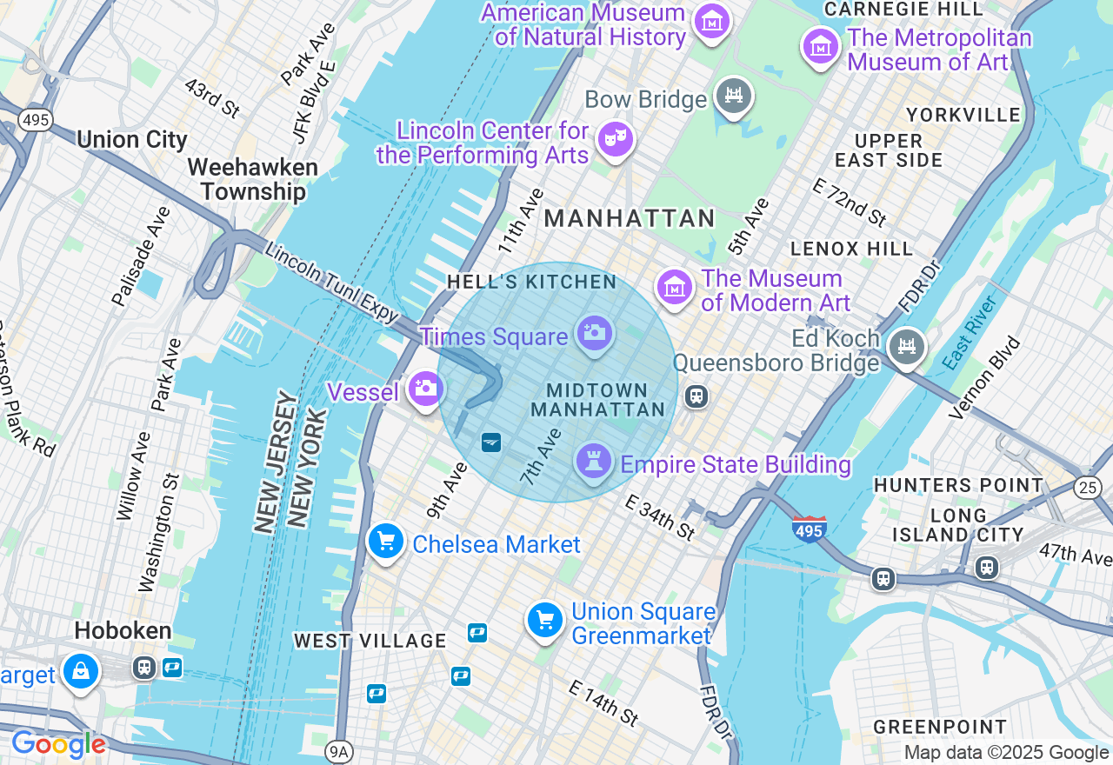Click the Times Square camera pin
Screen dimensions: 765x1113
click(x=594, y=333)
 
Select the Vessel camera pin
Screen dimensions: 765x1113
click(x=425, y=389)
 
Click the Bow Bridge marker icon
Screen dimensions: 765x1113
click(x=733, y=96)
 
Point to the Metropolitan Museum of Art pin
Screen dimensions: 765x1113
click(x=820, y=46)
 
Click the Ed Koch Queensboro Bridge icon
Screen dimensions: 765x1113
click(x=907, y=347)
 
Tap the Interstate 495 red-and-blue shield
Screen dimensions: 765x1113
click(x=809, y=527)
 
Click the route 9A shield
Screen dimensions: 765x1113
click(x=338, y=752)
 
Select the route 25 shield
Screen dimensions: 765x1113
click(x=1087, y=488)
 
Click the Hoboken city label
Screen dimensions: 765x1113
click(x=123, y=630)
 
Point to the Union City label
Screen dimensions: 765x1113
click(x=132, y=140)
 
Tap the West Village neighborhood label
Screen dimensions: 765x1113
click(x=370, y=642)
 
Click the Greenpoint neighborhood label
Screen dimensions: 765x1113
click(x=940, y=727)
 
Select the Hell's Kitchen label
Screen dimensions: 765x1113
click(x=531, y=282)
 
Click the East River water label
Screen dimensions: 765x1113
click(x=970, y=330)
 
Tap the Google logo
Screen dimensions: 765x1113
click(x=58, y=745)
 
